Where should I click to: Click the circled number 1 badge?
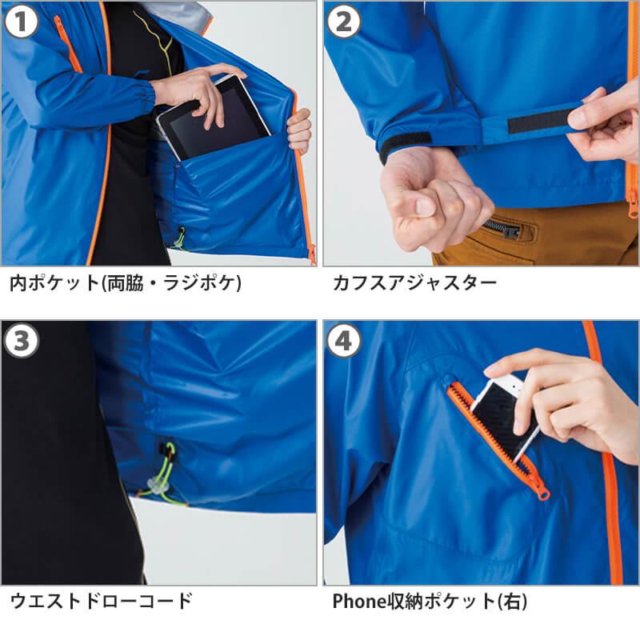(21, 21)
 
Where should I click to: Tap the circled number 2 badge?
(344, 21)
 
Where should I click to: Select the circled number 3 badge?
(21, 341)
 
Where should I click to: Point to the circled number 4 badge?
(344, 341)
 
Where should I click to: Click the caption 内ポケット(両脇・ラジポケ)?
(126, 283)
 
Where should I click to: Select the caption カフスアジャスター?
(414, 283)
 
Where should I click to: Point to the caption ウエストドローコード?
(101, 601)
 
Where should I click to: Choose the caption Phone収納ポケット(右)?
(430, 602)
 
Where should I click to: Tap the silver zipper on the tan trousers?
(503, 228)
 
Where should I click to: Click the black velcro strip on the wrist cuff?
(404, 145)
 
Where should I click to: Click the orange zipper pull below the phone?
(543, 494)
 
